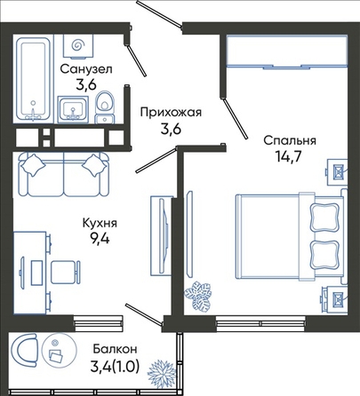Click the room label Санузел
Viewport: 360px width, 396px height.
(86, 69)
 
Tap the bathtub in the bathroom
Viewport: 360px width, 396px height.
(33, 78)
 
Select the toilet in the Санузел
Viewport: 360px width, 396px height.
(105, 107)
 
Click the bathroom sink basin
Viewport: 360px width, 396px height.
(73, 109)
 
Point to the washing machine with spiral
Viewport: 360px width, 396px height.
(78, 45)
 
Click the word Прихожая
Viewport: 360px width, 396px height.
(171, 113)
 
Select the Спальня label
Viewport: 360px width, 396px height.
(290, 140)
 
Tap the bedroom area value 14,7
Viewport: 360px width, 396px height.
(288, 156)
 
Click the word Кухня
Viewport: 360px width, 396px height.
(100, 223)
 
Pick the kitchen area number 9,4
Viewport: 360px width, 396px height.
(100, 238)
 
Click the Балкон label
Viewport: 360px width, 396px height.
(115, 349)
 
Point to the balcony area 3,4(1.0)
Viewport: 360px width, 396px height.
(115, 368)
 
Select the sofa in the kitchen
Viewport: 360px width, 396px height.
(64, 174)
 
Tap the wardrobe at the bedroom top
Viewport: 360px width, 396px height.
(287, 51)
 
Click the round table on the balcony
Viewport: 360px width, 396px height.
(60, 351)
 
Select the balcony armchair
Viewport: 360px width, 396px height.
(23, 351)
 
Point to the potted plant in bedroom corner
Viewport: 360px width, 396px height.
(198, 296)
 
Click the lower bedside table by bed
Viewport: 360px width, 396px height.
(336, 298)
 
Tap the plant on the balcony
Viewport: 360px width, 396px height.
(160, 373)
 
